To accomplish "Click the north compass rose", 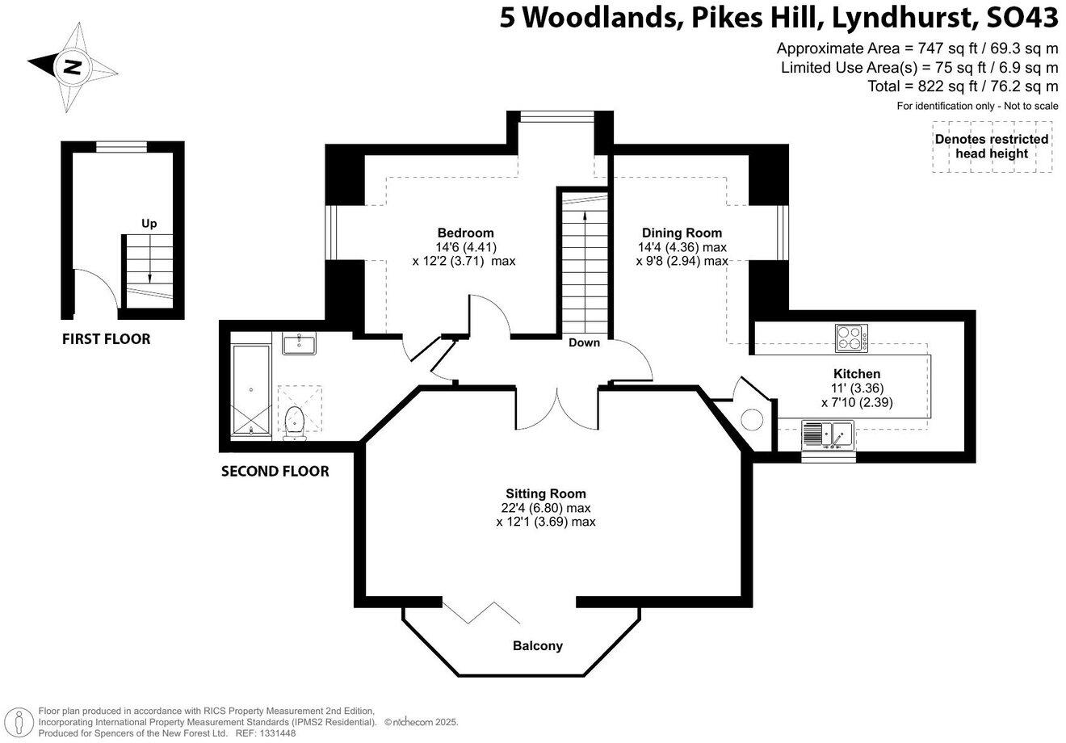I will point(70,67).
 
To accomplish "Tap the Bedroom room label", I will point(465,233).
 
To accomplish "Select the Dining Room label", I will point(682,233).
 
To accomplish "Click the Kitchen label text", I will point(856,374).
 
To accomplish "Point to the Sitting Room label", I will point(546,493).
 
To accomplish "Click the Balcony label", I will point(538,646).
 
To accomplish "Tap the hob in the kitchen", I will point(851,337).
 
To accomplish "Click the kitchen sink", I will point(828,436).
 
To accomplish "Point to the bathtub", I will point(251,391).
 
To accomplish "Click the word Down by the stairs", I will point(584,342).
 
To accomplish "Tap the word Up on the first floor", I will point(149,224).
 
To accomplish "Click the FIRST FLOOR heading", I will point(106,339).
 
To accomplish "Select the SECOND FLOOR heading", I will point(275,471).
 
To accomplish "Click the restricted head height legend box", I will point(992,146).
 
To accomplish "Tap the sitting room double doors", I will point(558,408).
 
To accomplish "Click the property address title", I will point(779,18).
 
